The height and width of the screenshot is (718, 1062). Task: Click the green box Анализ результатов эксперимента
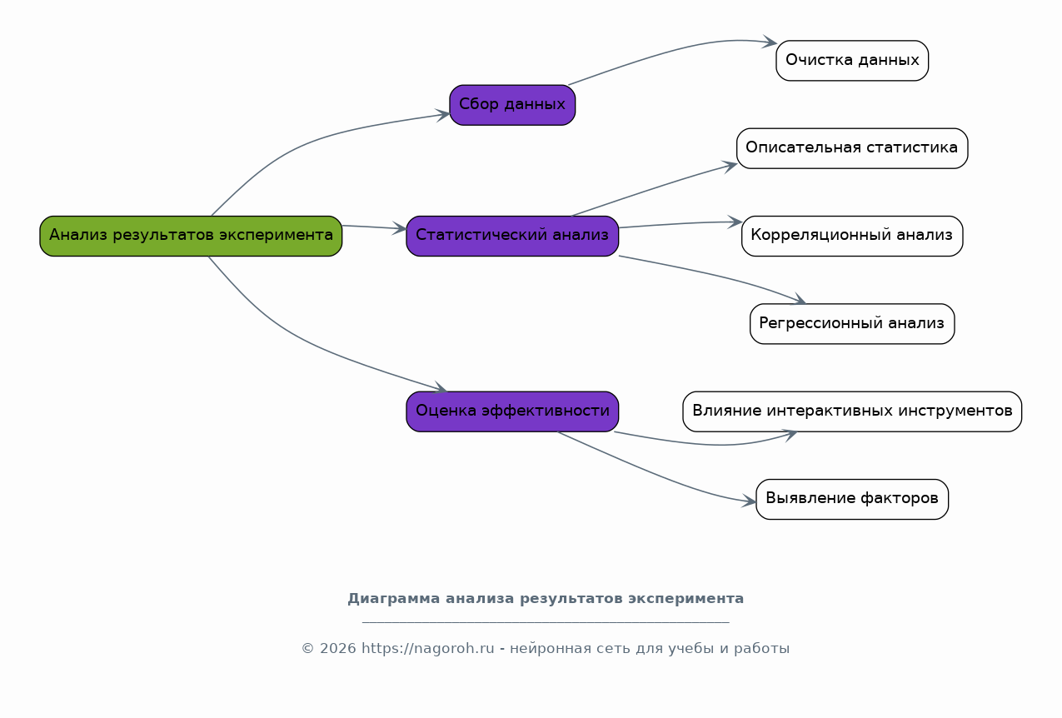(x=191, y=237)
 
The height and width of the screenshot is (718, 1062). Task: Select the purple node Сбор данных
(x=512, y=105)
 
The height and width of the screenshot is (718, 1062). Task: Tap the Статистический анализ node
(x=512, y=237)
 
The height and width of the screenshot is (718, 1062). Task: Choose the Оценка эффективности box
(x=512, y=411)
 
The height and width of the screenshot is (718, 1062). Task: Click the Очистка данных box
(x=852, y=61)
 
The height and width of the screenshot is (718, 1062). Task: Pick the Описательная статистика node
(x=852, y=148)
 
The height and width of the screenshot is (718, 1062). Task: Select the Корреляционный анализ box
(x=852, y=237)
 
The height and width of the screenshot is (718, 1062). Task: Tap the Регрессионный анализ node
(x=852, y=324)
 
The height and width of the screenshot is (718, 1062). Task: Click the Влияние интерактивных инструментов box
(x=852, y=411)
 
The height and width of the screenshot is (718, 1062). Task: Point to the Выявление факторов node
(x=852, y=500)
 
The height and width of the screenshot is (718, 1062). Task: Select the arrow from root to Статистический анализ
(x=374, y=227)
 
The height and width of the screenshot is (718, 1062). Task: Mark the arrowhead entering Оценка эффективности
(x=441, y=388)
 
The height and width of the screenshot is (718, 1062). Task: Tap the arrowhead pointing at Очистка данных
(x=770, y=42)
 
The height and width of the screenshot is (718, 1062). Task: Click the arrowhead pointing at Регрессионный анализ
(x=799, y=300)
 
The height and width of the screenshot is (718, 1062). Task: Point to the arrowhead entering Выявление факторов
(x=750, y=501)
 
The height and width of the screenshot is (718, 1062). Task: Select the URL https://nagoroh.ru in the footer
(x=427, y=648)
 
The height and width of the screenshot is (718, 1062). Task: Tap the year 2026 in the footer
(x=337, y=648)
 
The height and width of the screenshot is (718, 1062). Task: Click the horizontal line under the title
(x=546, y=622)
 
